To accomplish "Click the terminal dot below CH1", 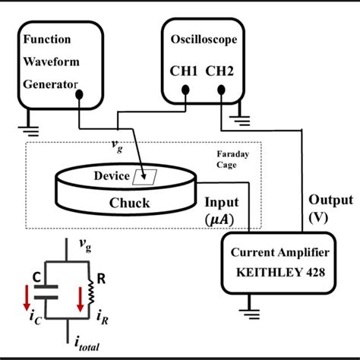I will (185, 91).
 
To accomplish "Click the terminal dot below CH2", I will (221, 91).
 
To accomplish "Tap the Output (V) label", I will (330, 207).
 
